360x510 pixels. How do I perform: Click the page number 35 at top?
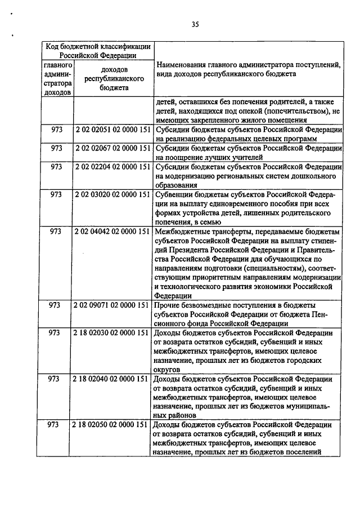[195, 24]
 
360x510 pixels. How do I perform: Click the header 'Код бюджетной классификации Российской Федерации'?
[98, 51]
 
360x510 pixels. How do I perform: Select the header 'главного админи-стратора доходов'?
[58, 78]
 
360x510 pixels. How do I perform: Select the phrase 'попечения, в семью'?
[188, 222]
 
